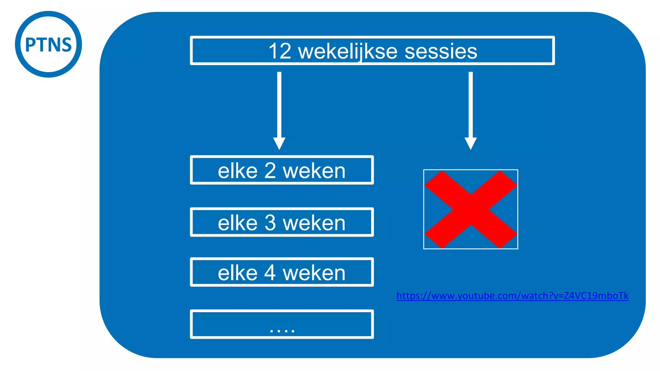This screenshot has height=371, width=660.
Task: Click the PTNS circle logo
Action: pos(48,44)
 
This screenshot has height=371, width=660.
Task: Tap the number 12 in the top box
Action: pos(280,51)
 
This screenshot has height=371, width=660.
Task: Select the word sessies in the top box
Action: pos(441,51)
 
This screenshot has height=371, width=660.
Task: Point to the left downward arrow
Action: pos(279,110)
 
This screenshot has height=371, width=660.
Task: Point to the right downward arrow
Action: pos(471,110)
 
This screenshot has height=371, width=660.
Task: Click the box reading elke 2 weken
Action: pos(282,170)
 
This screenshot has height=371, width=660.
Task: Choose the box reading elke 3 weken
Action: pos(282,222)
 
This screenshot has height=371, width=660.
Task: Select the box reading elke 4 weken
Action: pos(282,272)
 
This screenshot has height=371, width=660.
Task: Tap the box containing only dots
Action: pos(282,324)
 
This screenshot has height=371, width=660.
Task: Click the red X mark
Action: pos(471,209)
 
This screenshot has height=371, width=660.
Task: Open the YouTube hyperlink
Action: pos(512,296)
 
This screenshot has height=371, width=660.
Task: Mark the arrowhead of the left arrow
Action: pos(279,144)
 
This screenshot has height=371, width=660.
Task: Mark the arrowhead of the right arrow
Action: pos(471,144)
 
